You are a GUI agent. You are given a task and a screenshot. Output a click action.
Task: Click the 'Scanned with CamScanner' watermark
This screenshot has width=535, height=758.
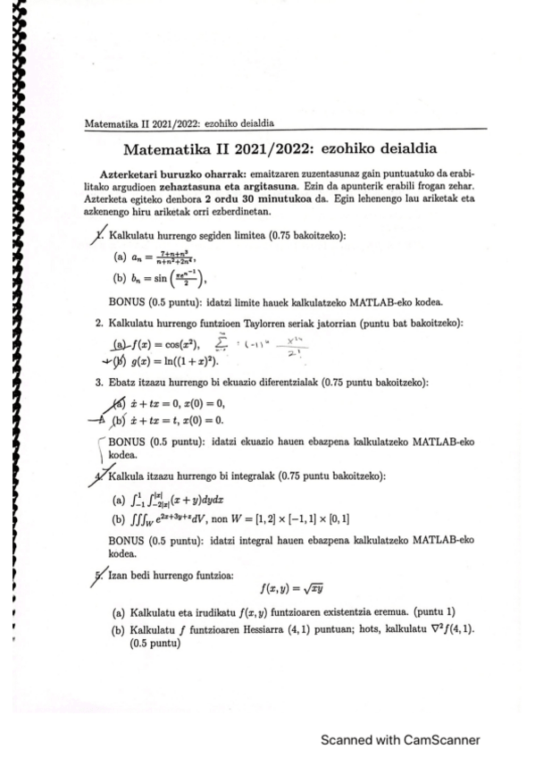(x=401, y=740)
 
